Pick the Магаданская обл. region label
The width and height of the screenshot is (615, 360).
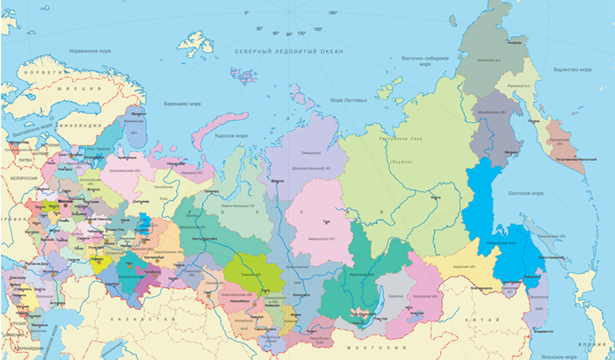click(x=496, y=115)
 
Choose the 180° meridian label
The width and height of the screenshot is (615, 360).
click(x=332, y=13)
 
